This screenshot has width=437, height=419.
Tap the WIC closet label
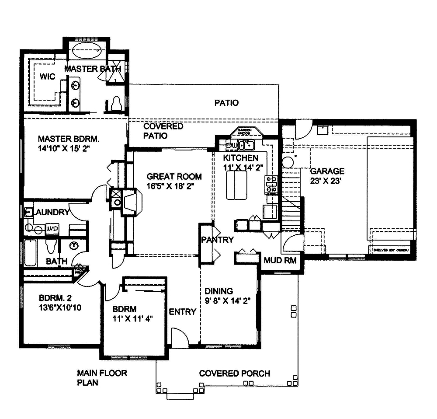pyautogui.click(x=47, y=77)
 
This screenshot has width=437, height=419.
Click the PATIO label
pyautogui.click(x=226, y=103)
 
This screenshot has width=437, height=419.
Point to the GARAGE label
pyautogui.click(x=327, y=171)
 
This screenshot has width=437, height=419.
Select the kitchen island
pyautogui.click(x=236, y=185)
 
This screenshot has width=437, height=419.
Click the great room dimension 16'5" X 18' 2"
pyautogui.click(x=170, y=186)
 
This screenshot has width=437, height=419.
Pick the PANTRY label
pyautogui.click(x=217, y=240)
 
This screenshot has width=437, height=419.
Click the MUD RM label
pyautogui.click(x=280, y=261)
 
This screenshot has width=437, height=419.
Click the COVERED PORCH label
pyautogui.click(x=234, y=374)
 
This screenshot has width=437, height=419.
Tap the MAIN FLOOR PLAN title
pyautogui.click(x=96, y=378)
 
